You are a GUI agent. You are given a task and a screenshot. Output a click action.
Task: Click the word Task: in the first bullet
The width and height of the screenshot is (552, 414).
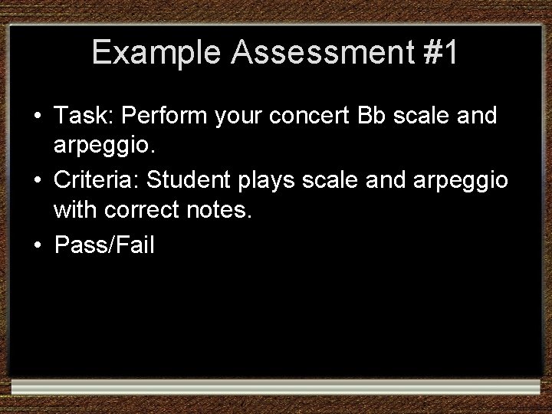click(83, 117)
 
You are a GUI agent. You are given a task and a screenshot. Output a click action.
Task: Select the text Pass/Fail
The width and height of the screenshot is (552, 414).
click(103, 245)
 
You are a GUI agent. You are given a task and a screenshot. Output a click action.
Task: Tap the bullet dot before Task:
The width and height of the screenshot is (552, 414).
click(37, 117)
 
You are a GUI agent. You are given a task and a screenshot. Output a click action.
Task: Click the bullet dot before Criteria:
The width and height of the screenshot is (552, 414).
click(37, 182)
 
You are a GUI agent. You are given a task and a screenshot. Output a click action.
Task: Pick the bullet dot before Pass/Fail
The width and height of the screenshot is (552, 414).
click(37, 246)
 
